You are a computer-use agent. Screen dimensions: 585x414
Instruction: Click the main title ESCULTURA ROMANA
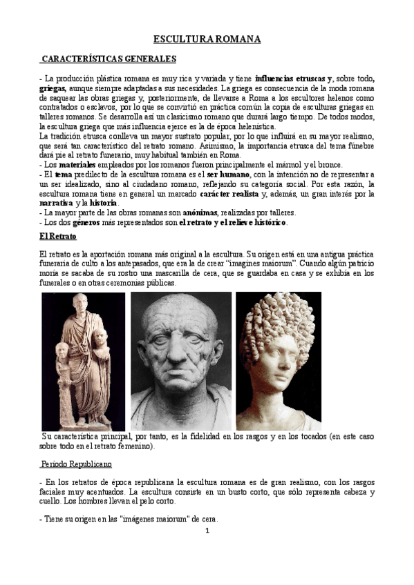(207, 39)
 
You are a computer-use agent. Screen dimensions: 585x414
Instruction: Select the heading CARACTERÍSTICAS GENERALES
(109, 59)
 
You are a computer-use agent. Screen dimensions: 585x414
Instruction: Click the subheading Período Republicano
(76, 463)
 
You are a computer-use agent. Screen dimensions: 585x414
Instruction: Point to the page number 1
(207, 531)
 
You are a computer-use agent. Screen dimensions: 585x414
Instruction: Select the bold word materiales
(77, 165)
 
